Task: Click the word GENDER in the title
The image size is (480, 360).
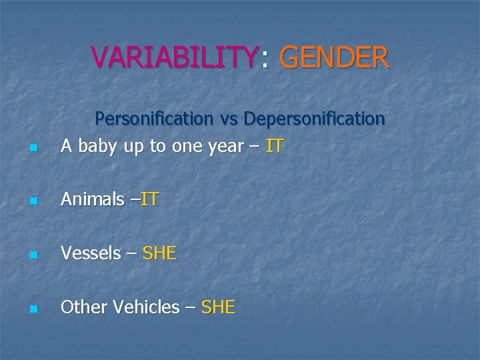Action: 334,57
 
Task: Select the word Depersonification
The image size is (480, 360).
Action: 315,119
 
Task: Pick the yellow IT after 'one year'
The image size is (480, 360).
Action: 274,145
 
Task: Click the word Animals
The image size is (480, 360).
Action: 92,199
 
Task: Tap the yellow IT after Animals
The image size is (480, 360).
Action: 149,199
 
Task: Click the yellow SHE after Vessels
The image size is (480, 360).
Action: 159,253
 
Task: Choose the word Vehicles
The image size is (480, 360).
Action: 146,307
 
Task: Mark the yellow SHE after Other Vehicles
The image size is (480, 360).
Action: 218,307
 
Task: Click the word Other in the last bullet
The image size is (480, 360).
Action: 83,307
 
